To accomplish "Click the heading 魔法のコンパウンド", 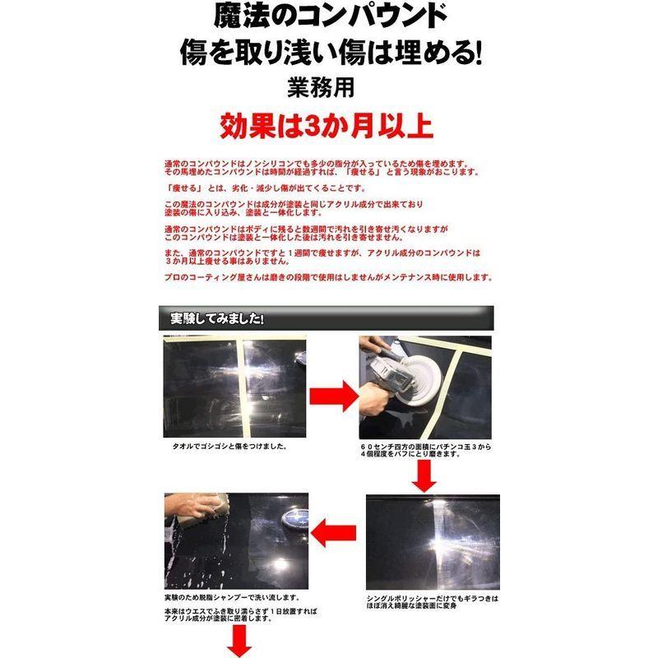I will click(x=329, y=16).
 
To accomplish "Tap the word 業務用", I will click(x=329, y=86).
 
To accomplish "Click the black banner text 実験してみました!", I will click(x=216, y=317).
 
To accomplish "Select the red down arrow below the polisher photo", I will click(x=425, y=475).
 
